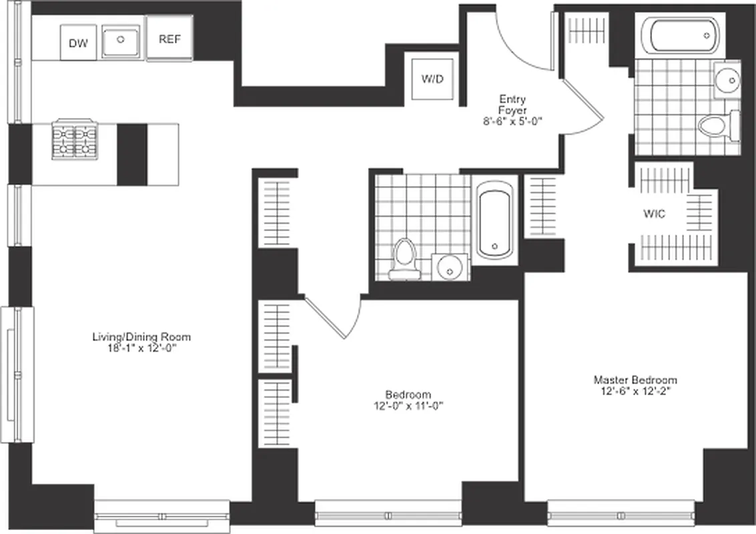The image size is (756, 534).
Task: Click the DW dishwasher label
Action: (x=78, y=43)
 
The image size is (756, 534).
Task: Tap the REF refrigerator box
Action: (x=169, y=39)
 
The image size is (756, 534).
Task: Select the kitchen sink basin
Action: (x=121, y=41)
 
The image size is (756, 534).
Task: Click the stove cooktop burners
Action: (x=75, y=141)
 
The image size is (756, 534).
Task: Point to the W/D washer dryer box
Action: (x=432, y=79)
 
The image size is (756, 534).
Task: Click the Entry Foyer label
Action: (x=512, y=105)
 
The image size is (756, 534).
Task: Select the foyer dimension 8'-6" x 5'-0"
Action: (x=512, y=121)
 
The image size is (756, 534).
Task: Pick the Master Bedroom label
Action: (x=635, y=380)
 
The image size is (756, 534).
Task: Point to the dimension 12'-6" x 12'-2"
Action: (x=635, y=391)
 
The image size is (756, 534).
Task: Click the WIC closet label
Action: (x=654, y=214)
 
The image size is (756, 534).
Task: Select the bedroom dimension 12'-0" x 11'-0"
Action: (x=408, y=405)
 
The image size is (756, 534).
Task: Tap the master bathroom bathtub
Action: (x=679, y=35)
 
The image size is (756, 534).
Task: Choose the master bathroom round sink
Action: (x=727, y=79)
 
